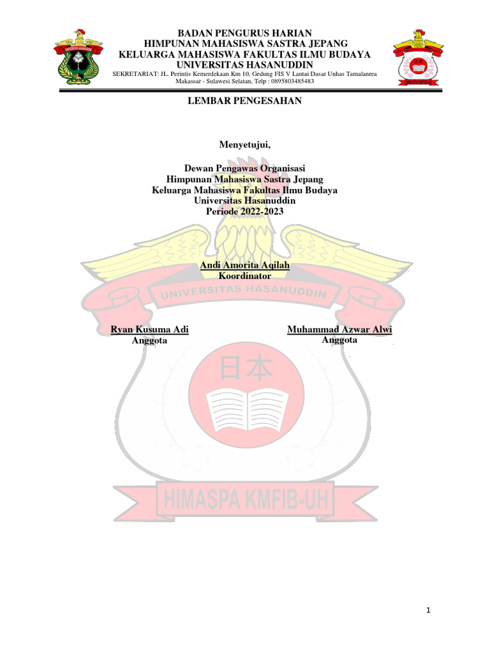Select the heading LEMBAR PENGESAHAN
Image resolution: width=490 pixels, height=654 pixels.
tap(245, 100)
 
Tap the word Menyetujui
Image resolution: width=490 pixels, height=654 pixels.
tap(245, 144)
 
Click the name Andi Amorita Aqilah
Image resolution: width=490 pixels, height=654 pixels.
tap(245, 265)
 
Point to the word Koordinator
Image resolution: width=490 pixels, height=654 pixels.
tap(245, 276)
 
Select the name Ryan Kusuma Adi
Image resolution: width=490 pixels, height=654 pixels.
tap(150, 330)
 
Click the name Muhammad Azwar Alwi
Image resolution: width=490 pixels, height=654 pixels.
tap(339, 330)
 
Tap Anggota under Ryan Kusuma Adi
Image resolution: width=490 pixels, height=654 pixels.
tap(149, 341)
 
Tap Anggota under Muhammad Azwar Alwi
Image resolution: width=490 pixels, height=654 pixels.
tap(339, 340)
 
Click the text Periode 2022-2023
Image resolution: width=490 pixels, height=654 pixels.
tap(245, 211)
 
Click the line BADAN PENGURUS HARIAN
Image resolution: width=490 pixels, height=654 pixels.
tap(245, 33)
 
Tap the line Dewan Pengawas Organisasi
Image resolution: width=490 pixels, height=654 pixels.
tap(245, 169)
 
